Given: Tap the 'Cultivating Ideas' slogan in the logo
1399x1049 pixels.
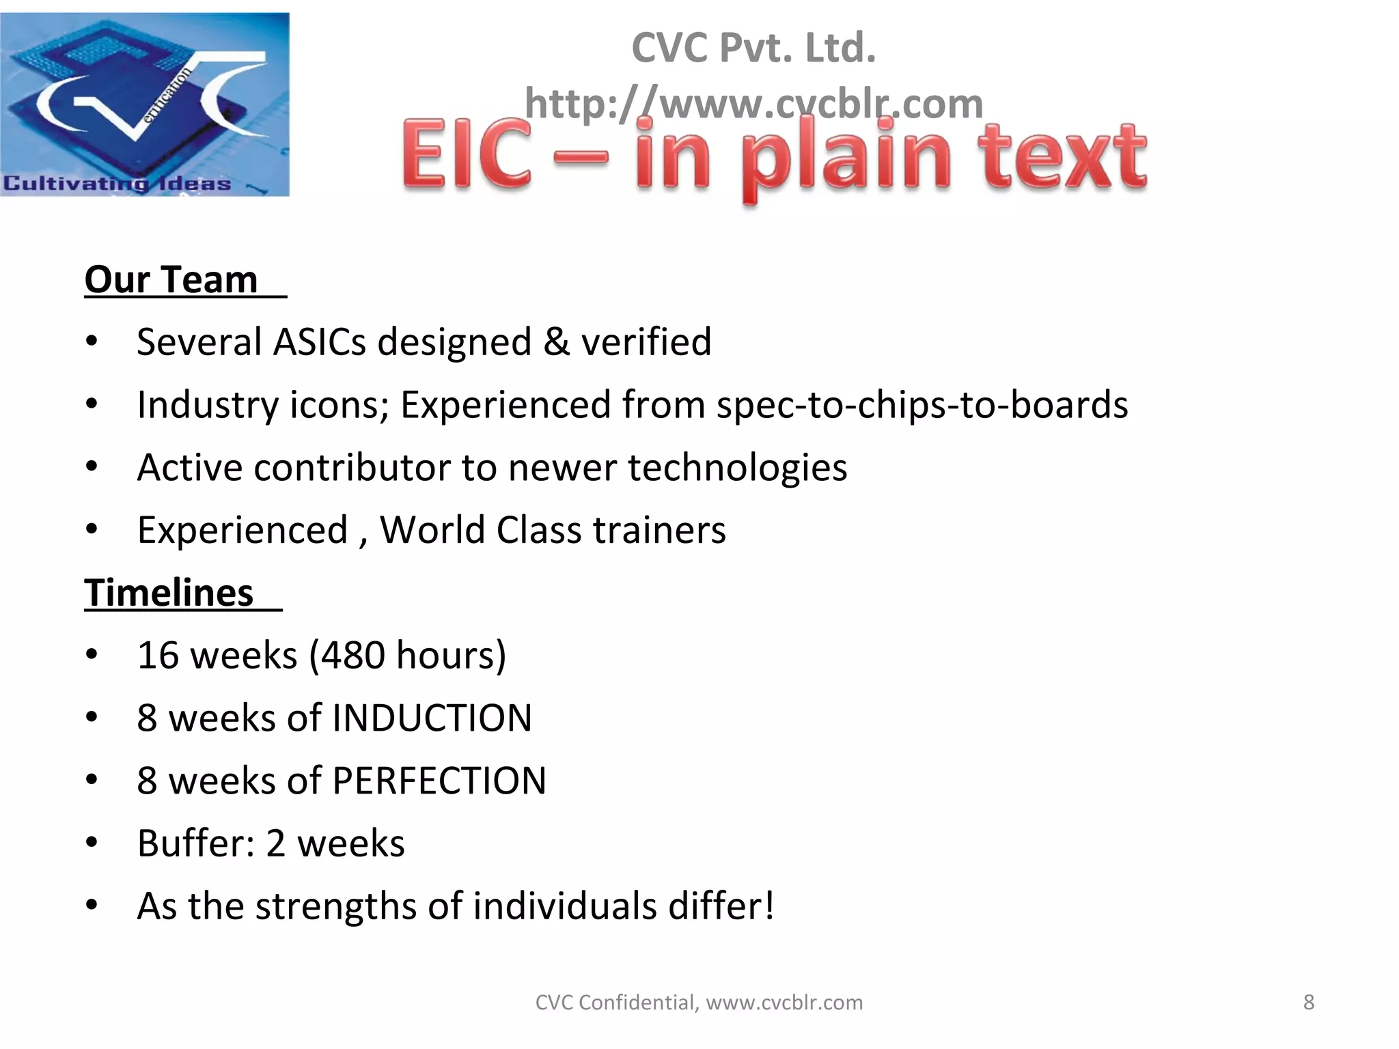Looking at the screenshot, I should (x=117, y=183).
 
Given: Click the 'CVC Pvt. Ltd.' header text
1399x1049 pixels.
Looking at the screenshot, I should (x=753, y=48).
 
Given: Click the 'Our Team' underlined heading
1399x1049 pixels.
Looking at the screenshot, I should (x=171, y=280).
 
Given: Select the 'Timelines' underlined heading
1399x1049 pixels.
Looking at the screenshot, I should (x=169, y=593).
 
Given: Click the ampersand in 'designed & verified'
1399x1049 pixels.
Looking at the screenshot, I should (x=557, y=341).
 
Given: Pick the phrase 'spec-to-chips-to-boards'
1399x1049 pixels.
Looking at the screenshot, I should (x=922, y=404).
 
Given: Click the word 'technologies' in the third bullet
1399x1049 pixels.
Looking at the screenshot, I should (x=737, y=468).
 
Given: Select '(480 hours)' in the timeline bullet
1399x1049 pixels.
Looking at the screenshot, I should (x=408, y=656).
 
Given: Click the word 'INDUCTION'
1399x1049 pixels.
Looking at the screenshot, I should (x=432, y=718).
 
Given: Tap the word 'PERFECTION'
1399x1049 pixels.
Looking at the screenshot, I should (x=439, y=781).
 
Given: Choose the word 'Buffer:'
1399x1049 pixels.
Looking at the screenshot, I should (x=196, y=843).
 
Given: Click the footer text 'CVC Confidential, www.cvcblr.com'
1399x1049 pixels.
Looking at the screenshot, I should (x=699, y=1003).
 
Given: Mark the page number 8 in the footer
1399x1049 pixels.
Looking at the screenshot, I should (x=1308, y=1003).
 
